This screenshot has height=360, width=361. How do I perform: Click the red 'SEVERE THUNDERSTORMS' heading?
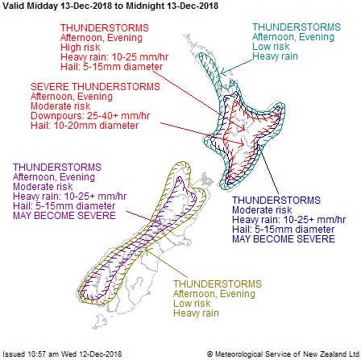(95, 87)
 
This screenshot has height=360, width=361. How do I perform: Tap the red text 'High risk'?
(80, 48)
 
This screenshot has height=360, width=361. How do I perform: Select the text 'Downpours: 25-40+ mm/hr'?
(90, 116)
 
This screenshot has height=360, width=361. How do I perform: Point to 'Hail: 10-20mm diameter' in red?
(85, 126)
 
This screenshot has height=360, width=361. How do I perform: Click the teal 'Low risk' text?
(271, 47)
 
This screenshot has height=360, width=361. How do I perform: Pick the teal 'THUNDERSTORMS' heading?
(297, 27)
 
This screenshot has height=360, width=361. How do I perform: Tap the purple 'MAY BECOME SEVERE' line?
(64, 216)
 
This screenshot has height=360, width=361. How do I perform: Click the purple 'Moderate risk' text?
(43, 187)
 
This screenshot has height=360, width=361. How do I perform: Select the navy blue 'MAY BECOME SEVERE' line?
(284, 238)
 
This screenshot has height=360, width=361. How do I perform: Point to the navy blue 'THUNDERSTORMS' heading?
(276, 200)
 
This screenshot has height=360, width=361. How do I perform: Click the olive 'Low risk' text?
(192, 304)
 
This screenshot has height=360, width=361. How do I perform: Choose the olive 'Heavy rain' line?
(196, 313)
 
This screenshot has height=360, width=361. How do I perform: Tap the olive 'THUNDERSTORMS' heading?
(218, 284)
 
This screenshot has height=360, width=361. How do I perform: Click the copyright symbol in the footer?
(210, 354)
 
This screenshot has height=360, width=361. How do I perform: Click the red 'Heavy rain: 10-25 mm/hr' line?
(114, 57)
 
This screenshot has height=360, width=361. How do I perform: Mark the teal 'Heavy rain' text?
(275, 56)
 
